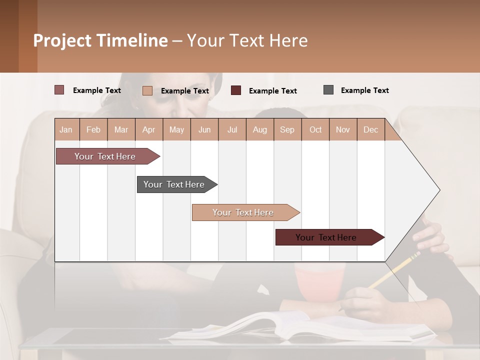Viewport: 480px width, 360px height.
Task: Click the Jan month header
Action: [66, 129]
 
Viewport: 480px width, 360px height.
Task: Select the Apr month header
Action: [148, 129]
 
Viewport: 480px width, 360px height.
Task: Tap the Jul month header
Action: [232, 129]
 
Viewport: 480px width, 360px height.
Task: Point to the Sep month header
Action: [287, 129]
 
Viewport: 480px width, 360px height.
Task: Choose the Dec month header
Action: [370, 129]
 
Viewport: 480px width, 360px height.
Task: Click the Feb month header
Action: [93, 129]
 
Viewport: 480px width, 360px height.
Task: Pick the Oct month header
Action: [315, 129]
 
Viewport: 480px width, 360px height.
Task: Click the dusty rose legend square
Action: [59, 90]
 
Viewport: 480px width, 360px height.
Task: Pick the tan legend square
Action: [147, 90]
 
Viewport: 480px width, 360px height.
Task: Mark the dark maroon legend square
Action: [236, 90]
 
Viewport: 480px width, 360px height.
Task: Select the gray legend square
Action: [328, 90]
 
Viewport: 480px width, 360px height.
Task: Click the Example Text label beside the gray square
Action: [364, 90]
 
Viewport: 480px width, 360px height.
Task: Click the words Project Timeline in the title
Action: [100, 40]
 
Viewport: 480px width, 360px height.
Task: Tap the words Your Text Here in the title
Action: [247, 40]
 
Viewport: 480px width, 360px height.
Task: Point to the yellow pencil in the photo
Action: [395, 270]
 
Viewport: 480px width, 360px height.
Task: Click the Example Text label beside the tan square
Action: [184, 91]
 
